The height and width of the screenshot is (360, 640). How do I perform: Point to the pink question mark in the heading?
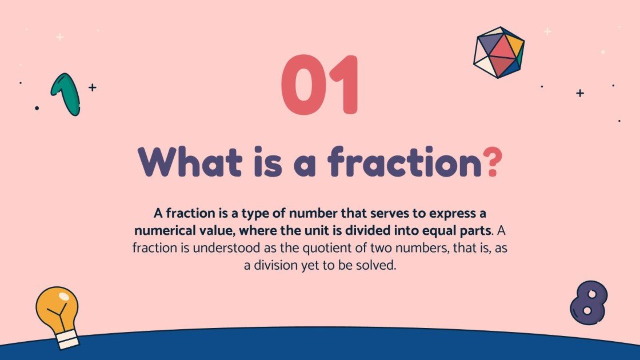(493, 162)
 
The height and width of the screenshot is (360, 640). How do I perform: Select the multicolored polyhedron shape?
(499, 53)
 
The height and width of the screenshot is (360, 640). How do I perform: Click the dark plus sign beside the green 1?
(92, 87)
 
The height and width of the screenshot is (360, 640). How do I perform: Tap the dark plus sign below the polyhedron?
(580, 93)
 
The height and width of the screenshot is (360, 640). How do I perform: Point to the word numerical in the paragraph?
(165, 231)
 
